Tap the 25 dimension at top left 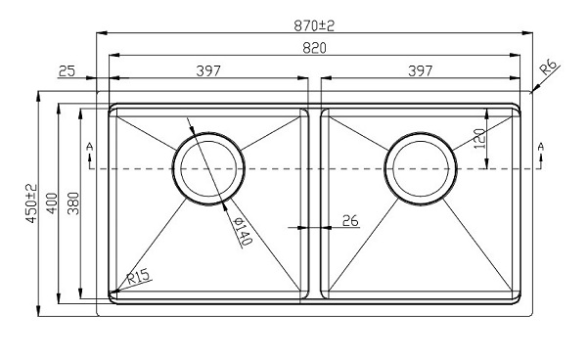pyautogui.click(x=68, y=69)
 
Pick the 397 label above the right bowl pyautogui.click(x=421, y=69)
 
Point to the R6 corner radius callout pyautogui.click(x=549, y=67)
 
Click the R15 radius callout pyautogui.click(x=138, y=277)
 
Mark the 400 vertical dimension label pyautogui.click(x=51, y=203)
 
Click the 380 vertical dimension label pyautogui.click(x=71, y=203)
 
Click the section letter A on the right pyautogui.click(x=539, y=147)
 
